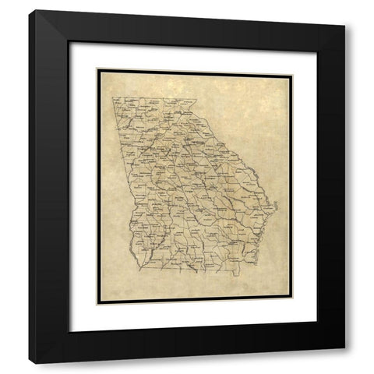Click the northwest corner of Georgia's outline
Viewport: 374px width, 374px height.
pos(111,97)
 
